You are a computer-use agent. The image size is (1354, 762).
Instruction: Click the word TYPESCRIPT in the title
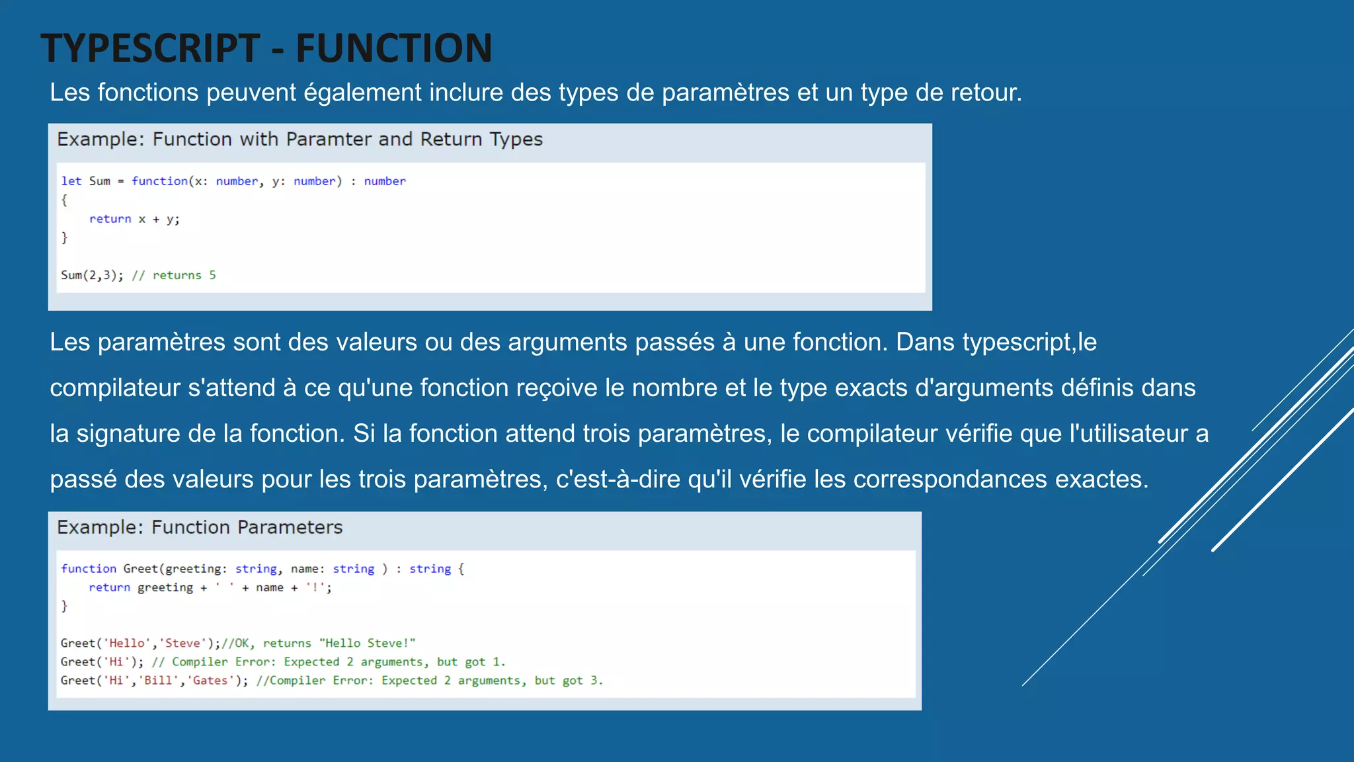pos(150,48)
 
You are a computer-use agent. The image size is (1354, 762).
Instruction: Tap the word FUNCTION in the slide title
pos(393,48)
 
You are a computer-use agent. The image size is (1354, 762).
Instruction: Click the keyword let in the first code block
pos(71,181)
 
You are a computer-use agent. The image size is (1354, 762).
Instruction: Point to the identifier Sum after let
pos(99,181)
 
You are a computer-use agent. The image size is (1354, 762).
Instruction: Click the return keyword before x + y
pos(110,219)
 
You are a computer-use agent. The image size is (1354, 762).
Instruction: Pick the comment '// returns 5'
pos(174,275)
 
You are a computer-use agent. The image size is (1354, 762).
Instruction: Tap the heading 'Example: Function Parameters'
pos(200,527)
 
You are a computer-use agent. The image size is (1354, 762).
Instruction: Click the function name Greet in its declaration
pos(140,569)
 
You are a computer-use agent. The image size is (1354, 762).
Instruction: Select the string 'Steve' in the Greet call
pos(182,643)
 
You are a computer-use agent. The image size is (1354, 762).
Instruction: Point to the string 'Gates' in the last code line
pos(210,681)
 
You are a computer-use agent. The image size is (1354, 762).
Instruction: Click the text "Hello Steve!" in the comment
pos(367,643)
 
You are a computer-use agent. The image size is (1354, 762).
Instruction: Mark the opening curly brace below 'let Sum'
pos(64,200)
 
